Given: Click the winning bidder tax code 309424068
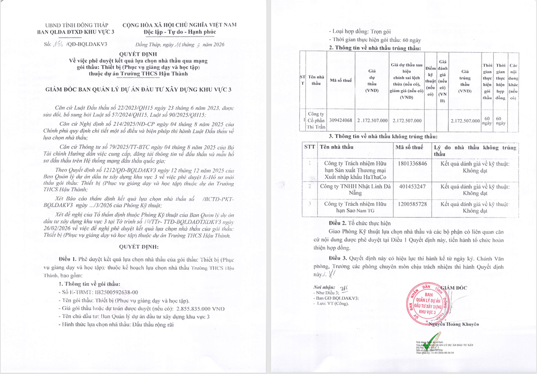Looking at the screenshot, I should coord(341,121).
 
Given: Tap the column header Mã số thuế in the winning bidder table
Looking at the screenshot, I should coord(341,81).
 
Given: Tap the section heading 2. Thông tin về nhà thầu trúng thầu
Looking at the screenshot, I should coord(375,48).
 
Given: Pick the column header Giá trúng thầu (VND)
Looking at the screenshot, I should coord(465,81).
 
